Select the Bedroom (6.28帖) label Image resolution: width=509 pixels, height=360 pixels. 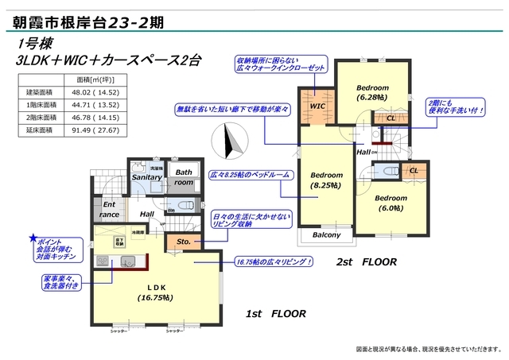[x=372, y=91]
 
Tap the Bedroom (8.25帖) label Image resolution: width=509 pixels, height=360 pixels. [x=326, y=180]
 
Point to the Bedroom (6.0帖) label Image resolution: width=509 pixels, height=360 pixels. [x=391, y=202]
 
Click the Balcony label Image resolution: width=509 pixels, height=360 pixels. [x=326, y=234]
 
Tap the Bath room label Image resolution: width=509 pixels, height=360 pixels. [x=184, y=176]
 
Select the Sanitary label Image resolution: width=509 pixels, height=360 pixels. [x=146, y=177]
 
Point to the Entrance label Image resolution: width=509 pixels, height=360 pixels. [x=109, y=210]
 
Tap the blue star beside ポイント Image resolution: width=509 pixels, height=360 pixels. [x=33, y=238]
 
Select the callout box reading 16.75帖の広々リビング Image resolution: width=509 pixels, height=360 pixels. [x=274, y=261]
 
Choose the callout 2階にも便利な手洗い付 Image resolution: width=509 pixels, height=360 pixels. [x=454, y=107]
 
